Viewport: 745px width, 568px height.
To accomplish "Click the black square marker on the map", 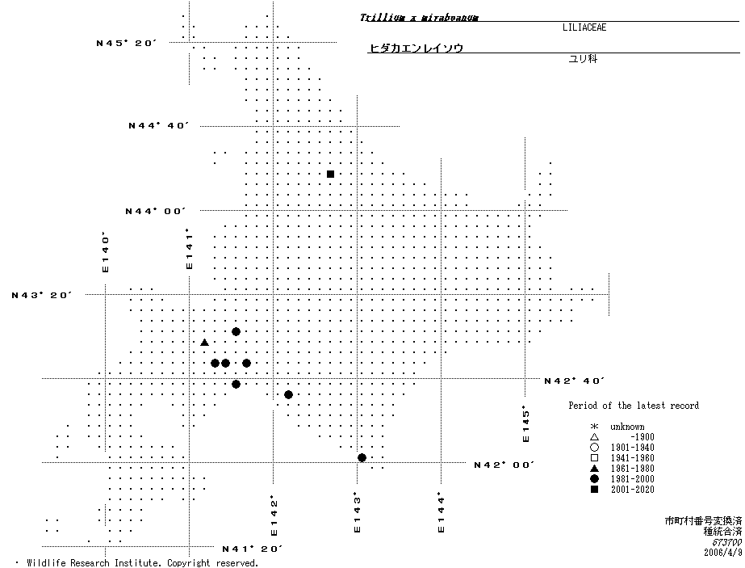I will point(330,174).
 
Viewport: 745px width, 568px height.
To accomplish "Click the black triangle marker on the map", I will point(204,343).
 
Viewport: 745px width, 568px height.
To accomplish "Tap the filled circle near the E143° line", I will point(362,458).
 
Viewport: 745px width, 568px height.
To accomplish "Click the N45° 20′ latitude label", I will point(125,43).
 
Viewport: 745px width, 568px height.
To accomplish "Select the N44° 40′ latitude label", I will point(158,125).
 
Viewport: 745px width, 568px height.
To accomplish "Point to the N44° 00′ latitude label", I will point(155,211).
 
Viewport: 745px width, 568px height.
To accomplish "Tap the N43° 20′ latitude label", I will point(42,295).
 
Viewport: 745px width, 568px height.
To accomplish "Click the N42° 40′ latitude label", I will point(575,381).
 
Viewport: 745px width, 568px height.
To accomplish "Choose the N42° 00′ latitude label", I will point(504,465).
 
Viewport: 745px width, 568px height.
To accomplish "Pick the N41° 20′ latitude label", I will point(252,549).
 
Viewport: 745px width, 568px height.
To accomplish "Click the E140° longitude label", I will point(104,252).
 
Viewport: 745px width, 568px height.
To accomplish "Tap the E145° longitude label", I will point(525,423).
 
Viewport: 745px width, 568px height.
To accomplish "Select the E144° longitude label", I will point(441,512).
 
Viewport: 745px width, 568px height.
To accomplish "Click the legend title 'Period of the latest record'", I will point(633,406).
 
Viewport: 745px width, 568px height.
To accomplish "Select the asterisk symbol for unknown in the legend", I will point(593,427).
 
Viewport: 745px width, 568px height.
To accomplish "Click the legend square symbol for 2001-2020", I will point(593,490).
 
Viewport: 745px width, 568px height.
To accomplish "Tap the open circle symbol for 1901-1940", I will point(593,448).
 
